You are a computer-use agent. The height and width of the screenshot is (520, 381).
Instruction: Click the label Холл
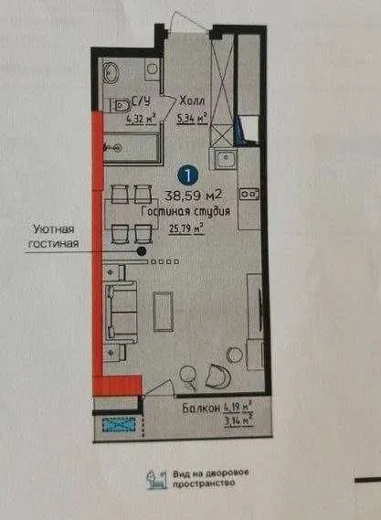pos(192,101)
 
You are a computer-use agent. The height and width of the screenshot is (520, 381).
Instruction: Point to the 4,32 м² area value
pos(141,116)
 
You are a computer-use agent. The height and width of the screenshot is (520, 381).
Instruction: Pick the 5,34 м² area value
pos(193,116)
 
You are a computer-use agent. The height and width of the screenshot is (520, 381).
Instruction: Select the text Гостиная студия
pos(185,212)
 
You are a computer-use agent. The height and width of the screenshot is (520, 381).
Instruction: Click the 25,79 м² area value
pos(185,229)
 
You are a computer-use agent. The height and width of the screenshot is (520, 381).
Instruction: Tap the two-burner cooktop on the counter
pos(248,195)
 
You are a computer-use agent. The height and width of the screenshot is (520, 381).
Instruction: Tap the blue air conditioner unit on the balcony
pos(119,424)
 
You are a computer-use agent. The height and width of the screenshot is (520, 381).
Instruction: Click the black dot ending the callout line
pos(142,249)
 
